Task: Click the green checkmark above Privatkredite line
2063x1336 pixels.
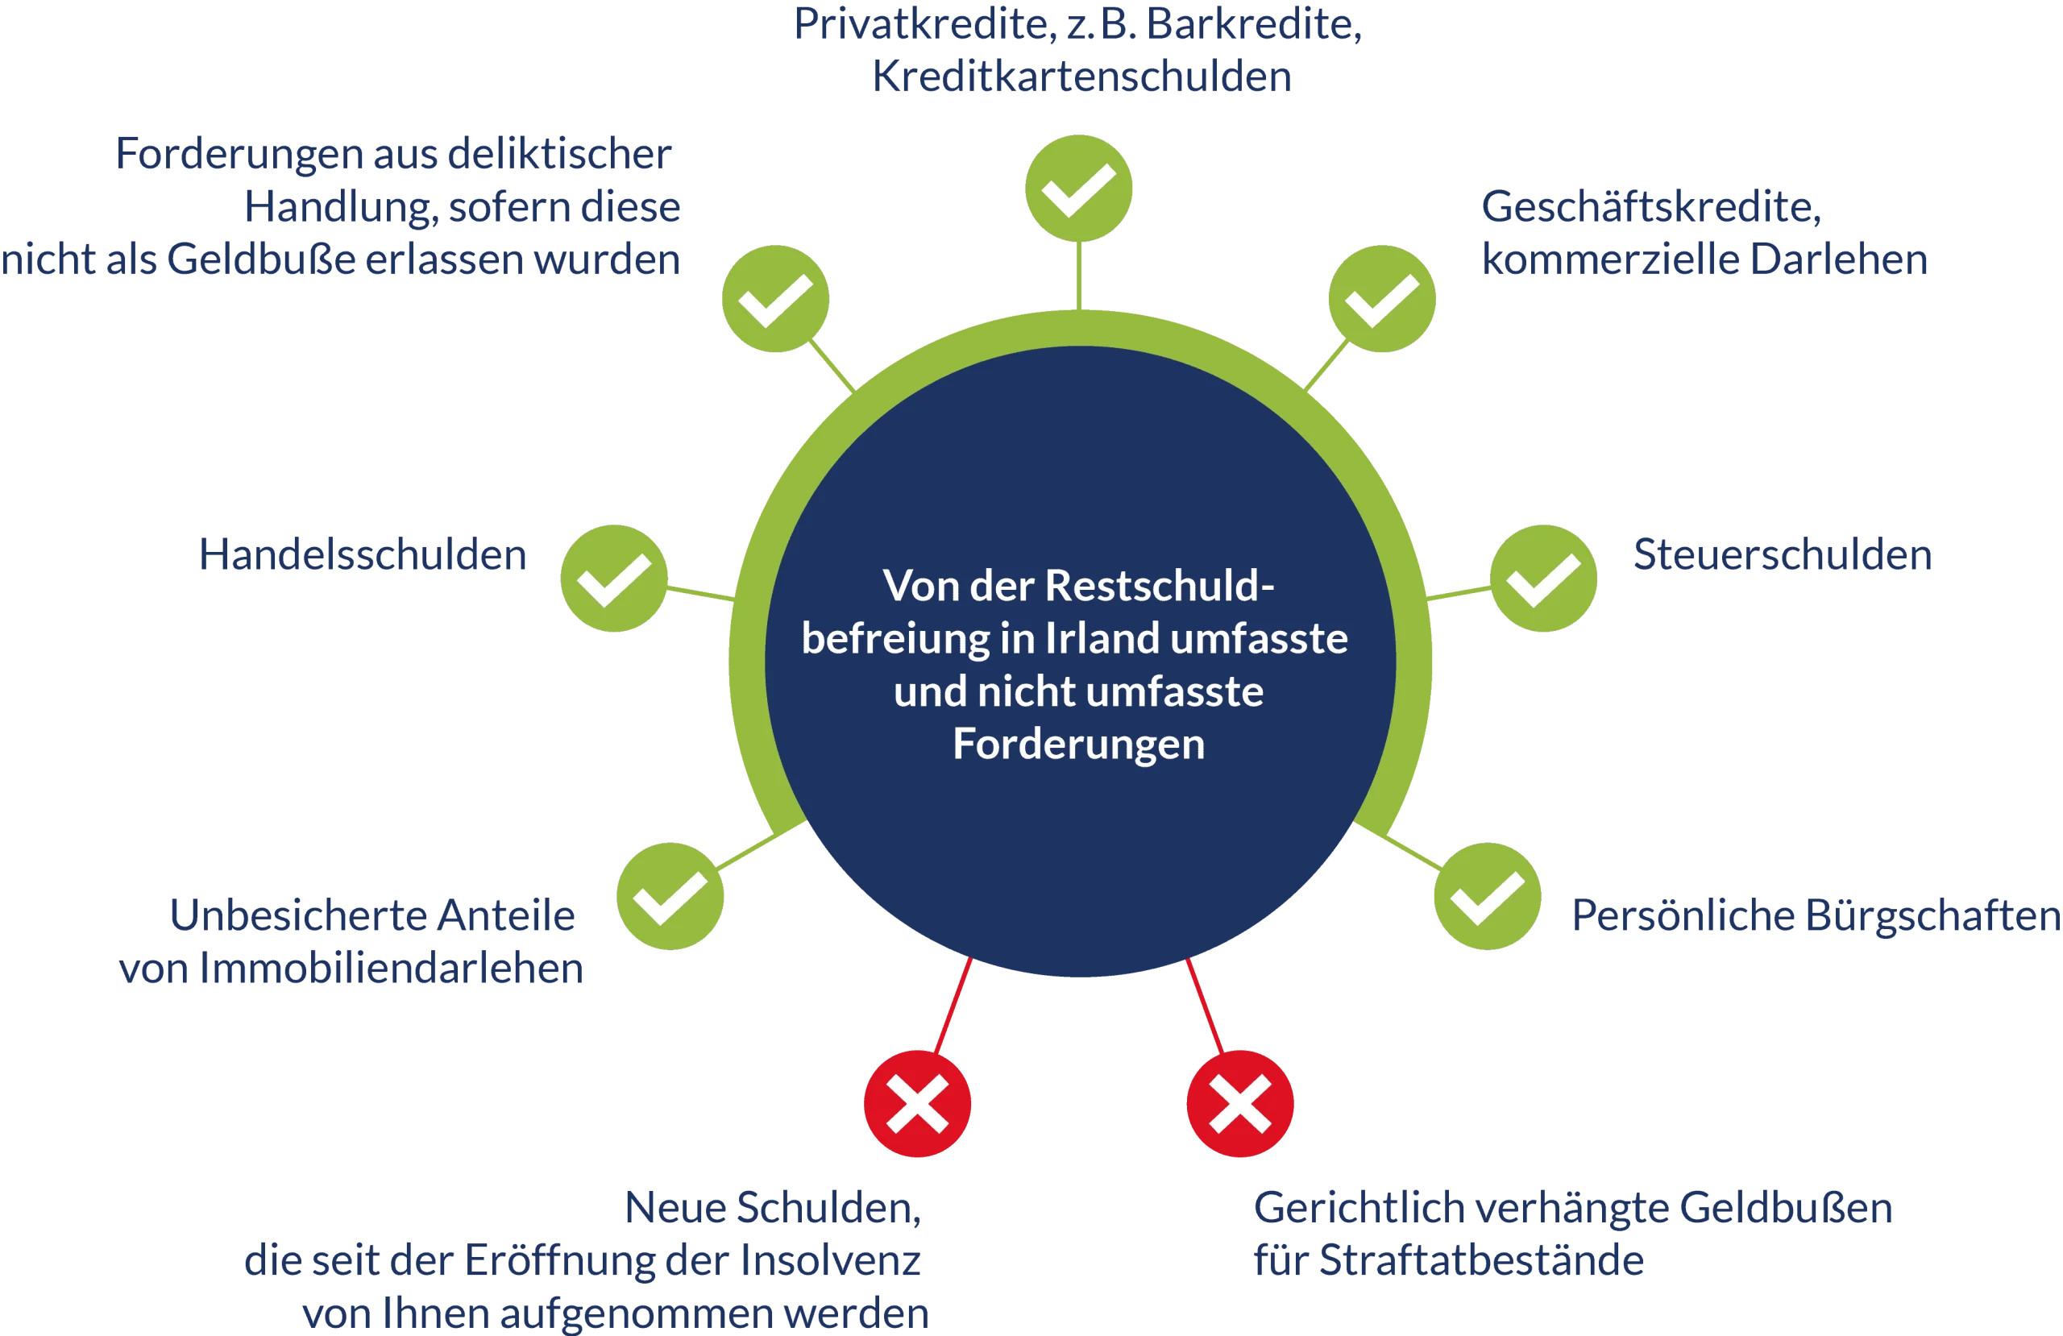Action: click(x=1078, y=188)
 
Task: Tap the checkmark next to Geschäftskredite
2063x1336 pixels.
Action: click(x=1382, y=299)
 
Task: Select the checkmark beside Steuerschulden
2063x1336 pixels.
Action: click(x=1543, y=579)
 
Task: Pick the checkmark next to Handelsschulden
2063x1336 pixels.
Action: click(x=615, y=579)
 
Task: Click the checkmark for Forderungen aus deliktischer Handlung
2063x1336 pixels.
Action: click(x=776, y=299)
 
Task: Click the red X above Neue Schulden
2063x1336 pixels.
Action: click(x=917, y=1104)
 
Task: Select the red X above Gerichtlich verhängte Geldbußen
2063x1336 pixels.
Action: click(x=1239, y=1104)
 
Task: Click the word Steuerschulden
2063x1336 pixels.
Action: click(x=1781, y=556)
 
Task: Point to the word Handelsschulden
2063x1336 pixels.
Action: click(x=363, y=556)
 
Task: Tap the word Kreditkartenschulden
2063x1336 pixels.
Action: click(x=1081, y=79)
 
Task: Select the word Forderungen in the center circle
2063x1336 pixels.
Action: click(x=1078, y=744)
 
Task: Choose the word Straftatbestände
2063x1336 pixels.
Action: click(x=1479, y=1261)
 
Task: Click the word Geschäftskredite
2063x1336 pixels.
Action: click(x=1651, y=207)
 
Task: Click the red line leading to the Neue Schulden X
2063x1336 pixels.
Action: click(x=954, y=1006)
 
